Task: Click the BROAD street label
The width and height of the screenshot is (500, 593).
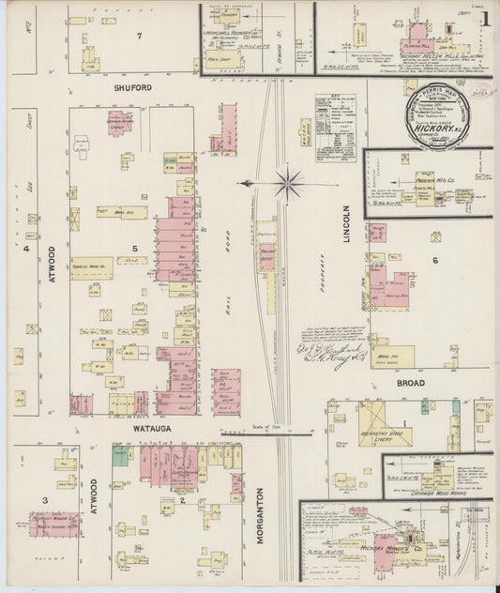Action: [x=411, y=384]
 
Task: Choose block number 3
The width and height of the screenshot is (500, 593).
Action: [x=44, y=501]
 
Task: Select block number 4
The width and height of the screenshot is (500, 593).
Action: [x=27, y=250]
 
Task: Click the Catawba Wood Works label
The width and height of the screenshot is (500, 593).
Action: [x=436, y=487]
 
